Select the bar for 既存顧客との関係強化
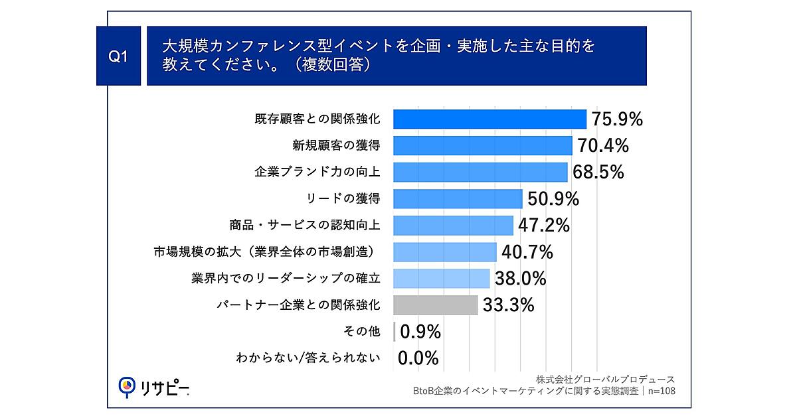tap(489, 119)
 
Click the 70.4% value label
tap(603, 146)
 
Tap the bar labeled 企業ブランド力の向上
tap(480, 173)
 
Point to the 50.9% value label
tap(553, 199)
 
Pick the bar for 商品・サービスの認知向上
tap(453, 226)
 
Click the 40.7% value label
tap(528, 252)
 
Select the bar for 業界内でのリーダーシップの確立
tap(442, 279)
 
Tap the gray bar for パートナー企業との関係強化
tap(436, 305)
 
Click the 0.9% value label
tap(419, 332)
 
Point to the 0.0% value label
tap(418, 358)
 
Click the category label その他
tap(363, 332)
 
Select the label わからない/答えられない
tap(308, 358)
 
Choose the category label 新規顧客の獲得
tap(336, 146)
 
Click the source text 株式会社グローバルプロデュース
tap(605, 379)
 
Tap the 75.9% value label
tap(618, 119)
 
